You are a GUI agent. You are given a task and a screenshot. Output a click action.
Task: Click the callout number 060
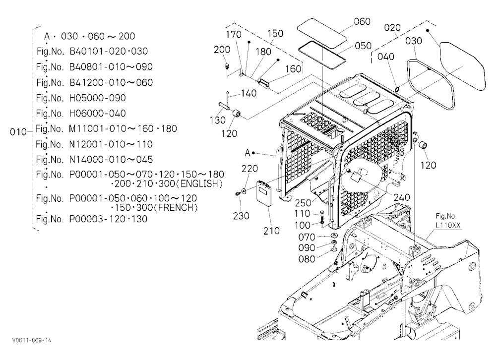click(362, 21)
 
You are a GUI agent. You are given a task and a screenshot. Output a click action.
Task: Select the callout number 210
click(272, 231)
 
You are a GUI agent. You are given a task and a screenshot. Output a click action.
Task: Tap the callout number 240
click(402, 197)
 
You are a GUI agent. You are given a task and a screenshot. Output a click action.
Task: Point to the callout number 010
click(18, 131)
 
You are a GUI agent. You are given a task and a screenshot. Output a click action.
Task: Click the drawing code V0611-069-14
click(32, 340)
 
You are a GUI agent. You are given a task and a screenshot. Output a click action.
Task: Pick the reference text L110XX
click(448, 225)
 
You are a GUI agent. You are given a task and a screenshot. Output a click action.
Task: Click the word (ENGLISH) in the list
click(201, 184)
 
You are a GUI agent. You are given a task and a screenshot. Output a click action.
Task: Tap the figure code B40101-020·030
click(109, 51)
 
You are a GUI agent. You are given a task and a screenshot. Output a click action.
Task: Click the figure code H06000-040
click(97, 113)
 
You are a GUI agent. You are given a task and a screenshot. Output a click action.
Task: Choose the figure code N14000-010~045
click(111, 160)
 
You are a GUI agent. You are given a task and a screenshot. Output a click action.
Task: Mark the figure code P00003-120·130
click(108, 219)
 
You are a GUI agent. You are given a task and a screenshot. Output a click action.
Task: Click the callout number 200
click(222, 50)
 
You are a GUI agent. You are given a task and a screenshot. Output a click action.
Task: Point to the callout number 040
click(386, 57)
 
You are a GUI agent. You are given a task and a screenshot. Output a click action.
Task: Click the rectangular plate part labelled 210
click(264, 193)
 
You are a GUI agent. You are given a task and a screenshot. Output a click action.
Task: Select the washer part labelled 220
click(244, 190)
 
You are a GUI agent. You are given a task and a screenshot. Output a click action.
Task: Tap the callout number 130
click(218, 120)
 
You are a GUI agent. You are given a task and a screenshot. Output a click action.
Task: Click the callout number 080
click(307, 259)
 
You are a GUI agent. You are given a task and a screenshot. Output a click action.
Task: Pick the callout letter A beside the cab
click(248, 153)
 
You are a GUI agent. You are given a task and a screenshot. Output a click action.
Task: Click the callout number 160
click(293, 68)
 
